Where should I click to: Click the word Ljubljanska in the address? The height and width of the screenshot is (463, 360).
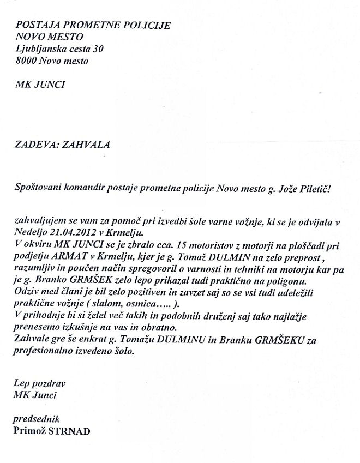pos(40,49)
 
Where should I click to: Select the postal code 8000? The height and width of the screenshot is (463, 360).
pos(26,61)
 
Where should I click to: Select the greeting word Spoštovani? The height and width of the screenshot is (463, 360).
pos(40,188)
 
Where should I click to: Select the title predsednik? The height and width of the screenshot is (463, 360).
pos(36,419)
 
